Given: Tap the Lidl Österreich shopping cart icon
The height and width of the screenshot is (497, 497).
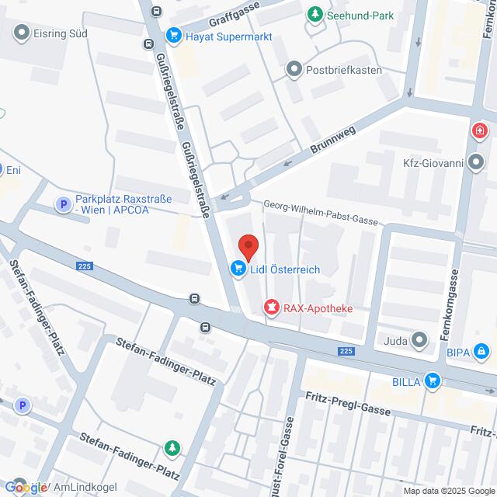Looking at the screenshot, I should [x=237, y=269].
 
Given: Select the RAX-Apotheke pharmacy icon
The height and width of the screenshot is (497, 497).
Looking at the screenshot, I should [x=271, y=308].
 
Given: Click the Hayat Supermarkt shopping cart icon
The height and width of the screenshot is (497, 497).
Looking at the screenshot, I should [x=173, y=35].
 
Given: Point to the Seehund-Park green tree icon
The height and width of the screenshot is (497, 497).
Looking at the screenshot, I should [x=315, y=15].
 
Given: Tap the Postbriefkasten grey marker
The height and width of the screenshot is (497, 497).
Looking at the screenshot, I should [x=294, y=70].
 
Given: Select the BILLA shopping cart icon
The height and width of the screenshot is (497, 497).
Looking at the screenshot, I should [x=433, y=381].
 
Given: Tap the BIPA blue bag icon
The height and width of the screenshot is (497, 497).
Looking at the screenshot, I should [x=483, y=352].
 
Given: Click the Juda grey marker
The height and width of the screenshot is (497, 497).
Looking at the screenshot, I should [x=420, y=339].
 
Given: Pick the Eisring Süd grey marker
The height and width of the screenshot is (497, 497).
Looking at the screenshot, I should [x=20, y=33].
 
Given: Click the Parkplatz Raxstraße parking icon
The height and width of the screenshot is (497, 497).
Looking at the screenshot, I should [x=62, y=204].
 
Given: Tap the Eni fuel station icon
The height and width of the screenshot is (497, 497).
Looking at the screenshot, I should [x=3, y=169].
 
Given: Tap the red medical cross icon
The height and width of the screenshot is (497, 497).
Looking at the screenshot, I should [x=479, y=129].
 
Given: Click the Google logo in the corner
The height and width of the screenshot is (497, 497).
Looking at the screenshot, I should [x=25, y=488].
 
